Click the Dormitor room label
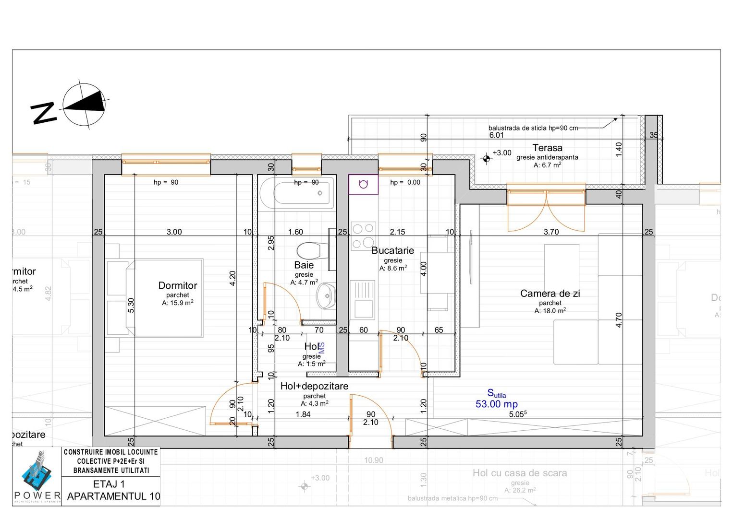tap(178, 285)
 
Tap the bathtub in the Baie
tap(296, 193)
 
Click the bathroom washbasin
tap(326, 296)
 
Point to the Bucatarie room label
tap(392, 250)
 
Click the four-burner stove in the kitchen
tap(363, 236)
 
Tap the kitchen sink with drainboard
tap(363, 300)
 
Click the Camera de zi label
tap(550, 293)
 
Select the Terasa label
tap(547, 148)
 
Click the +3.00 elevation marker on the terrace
tap(487, 158)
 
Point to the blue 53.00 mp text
tap(497, 404)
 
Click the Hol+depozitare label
tap(314, 386)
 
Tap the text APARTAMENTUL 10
tap(113, 496)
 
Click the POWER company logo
tap(37, 477)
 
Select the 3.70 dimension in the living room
tap(551, 232)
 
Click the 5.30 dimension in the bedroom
tap(131, 306)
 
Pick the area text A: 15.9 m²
tap(178, 303)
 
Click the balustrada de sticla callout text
tap(533, 128)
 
